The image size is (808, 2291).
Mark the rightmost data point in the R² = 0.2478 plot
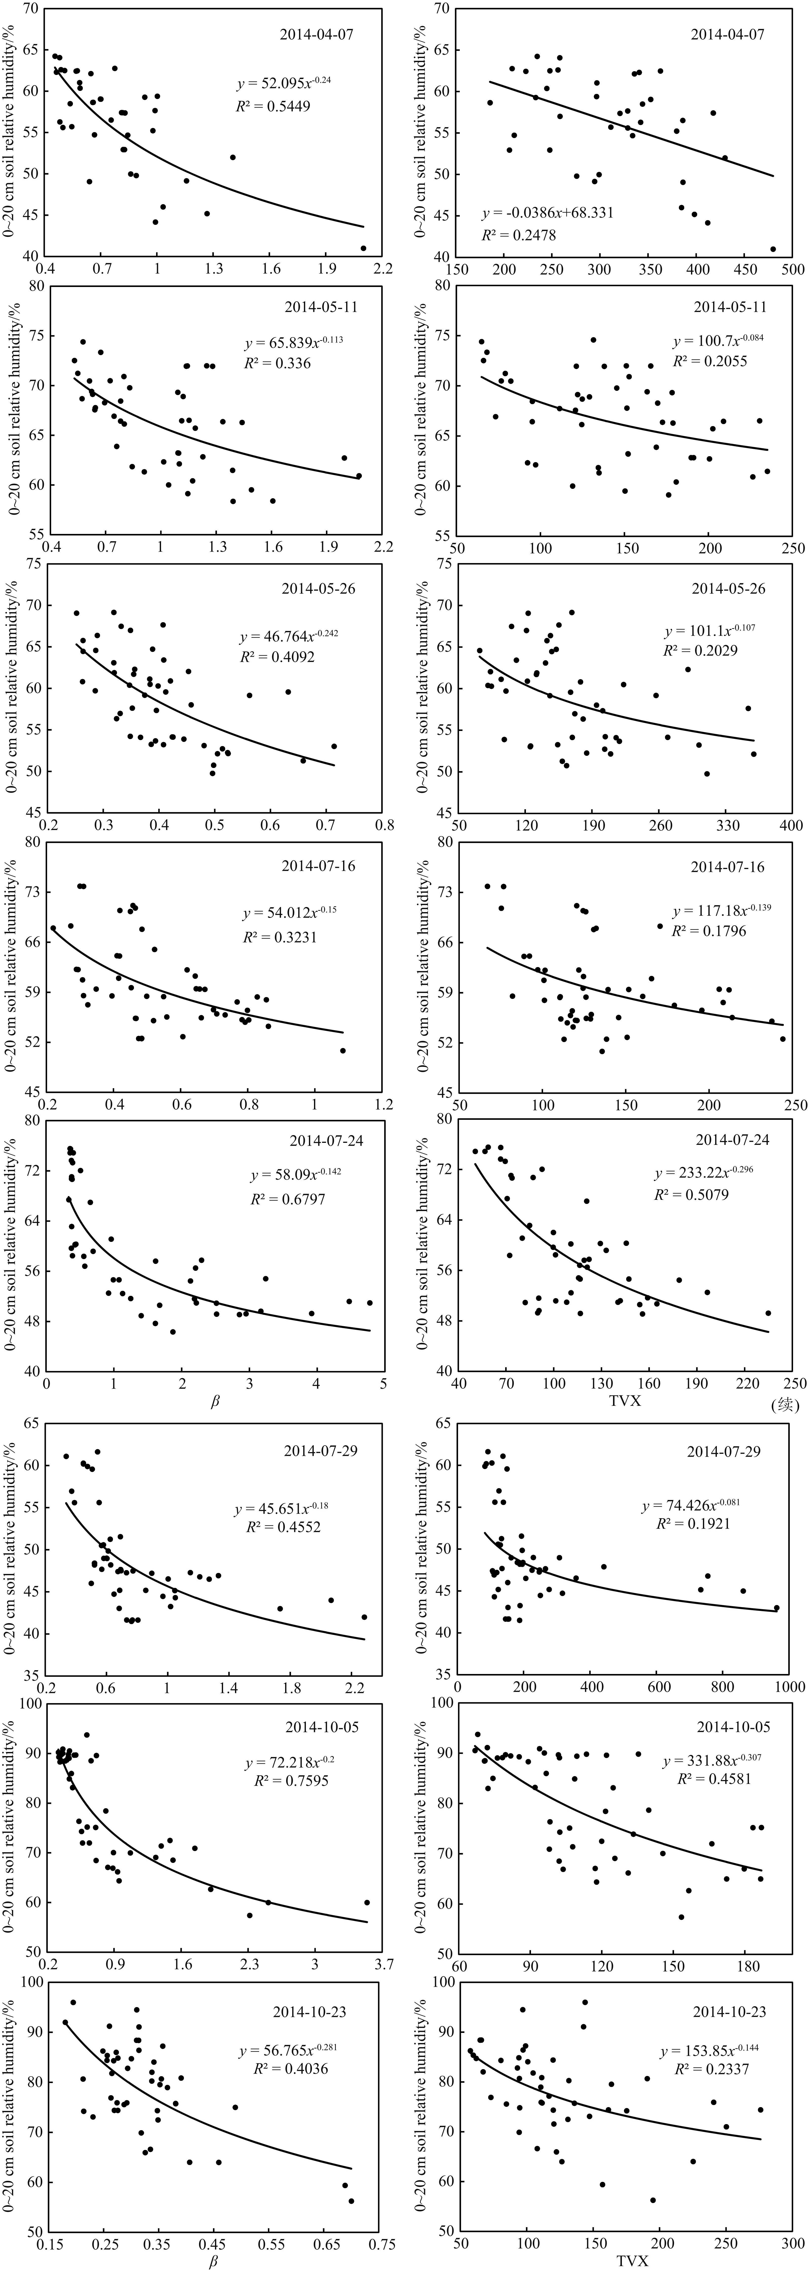coord(773,249)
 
